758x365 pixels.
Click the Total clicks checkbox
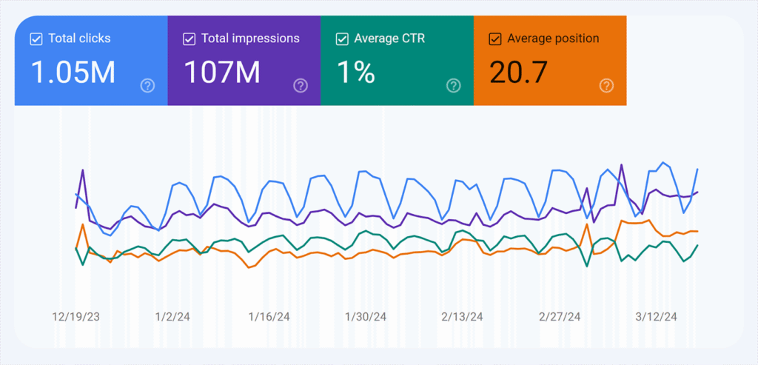36,39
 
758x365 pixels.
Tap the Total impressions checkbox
189,38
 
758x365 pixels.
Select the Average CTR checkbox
342,38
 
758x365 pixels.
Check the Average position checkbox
495,38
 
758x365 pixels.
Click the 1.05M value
73,72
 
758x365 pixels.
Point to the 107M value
221,72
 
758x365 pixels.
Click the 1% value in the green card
355,72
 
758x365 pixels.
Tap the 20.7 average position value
519,72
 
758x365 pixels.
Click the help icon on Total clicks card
147,86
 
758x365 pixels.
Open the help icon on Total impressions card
301,86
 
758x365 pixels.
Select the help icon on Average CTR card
454,86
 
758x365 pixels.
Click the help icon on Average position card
606,86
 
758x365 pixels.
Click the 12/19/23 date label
76,317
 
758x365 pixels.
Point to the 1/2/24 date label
172,317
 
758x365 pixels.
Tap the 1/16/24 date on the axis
269,317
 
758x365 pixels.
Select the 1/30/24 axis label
366,317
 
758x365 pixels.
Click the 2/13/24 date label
462,317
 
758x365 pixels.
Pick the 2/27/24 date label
559,317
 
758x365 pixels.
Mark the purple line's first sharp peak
82,170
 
